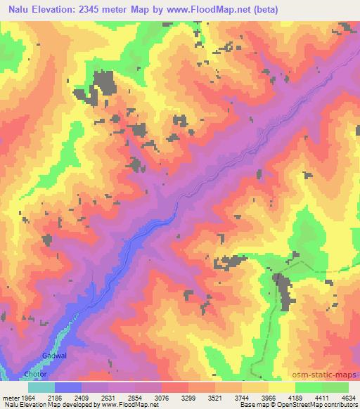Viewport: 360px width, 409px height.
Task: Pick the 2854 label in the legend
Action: click(x=144, y=396)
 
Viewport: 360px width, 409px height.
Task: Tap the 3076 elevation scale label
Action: click(x=171, y=396)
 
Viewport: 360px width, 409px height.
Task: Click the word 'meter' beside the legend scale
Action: click(x=9, y=396)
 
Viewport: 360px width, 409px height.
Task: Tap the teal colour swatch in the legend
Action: click(x=41, y=387)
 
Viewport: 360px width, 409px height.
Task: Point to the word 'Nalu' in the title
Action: click(x=21, y=10)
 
